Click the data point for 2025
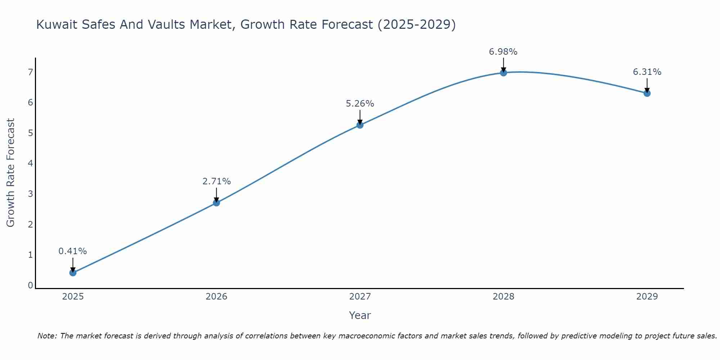tap(73, 273)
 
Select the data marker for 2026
tap(216, 203)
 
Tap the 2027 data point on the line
tap(360, 125)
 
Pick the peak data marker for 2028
tap(503, 73)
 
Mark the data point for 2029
tap(647, 93)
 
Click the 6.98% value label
tap(503, 52)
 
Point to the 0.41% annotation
tap(73, 251)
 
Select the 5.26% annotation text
tap(360, 104)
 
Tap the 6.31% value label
tap(647, 72)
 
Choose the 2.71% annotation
tap(216, 181)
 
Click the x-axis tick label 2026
tap(216, 297)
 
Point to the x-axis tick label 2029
tap(647, 297)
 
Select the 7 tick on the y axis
tap(30, 72)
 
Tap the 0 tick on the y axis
tap(30, 285)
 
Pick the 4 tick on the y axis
tap(30, 163)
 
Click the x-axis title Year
tap(360, 315)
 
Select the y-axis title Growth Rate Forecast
tap(11, 173)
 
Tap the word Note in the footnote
tap(47, 336)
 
